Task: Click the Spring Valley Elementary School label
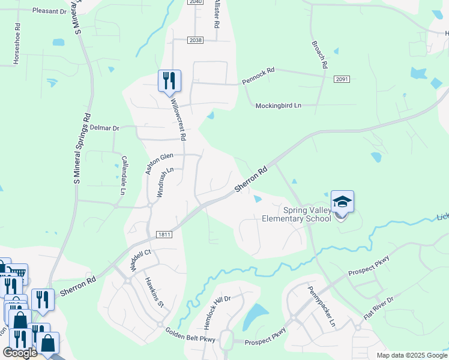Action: tap(296, 214)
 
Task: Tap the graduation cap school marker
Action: tap(342, 202)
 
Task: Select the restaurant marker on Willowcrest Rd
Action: tap(169, 80)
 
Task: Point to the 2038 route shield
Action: tap(195, 40)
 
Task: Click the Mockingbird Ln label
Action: tap(278, 106)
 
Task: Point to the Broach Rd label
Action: tap(319, 54)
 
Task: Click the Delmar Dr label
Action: tap(104, 128)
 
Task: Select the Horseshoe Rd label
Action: tap(17, 44)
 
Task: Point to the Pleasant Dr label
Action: tap(50, 11)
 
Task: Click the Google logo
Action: tap(20, 353)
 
